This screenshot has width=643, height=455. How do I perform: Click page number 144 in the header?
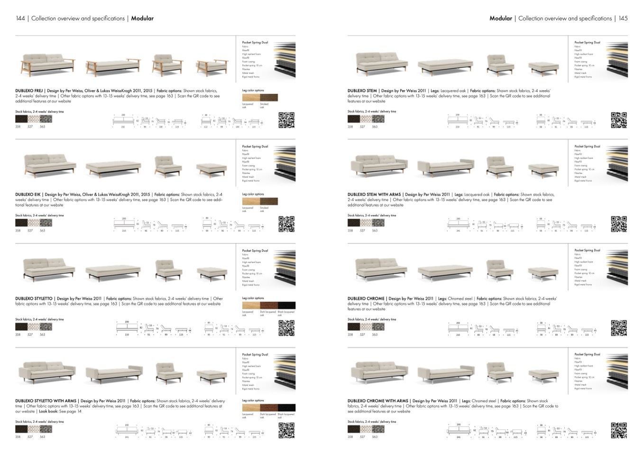pyautogui.click(x=20, y=19)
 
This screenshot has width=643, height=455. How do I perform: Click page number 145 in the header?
pyautogui.click(x=623, y=19)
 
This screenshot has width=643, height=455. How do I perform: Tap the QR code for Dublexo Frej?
pyautogui.click(x=286, y=120)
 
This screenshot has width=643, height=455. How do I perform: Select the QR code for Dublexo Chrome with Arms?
pyautogui.click(x=619, y=430)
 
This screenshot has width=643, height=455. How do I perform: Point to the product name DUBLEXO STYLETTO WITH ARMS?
pyautogui.click(x=46, y=401)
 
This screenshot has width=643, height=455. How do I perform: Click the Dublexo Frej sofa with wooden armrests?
pyautogui.click(x=48, y=65)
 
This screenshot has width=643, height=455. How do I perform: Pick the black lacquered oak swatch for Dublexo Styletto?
pyautogui.click(x=286, y=306)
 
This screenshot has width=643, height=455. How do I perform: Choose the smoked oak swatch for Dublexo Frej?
pyautogui.click(x=268, y=98)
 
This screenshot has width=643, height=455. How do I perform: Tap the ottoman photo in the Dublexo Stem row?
pyautogui.click(x=543, y=67)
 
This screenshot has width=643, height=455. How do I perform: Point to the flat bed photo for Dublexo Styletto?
pyautogui.click(x=113, y=272)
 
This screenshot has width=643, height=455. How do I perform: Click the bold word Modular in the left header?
pyautogui.click(x=142, y=19)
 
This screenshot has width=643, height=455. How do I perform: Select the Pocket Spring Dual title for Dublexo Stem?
pyautogui.click(x=587, y=43)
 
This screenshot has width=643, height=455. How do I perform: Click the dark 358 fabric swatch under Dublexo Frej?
pyautogui.click(x=21, y=119)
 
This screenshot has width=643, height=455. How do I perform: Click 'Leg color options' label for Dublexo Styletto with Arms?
pyautogui.click(x=253, y=400)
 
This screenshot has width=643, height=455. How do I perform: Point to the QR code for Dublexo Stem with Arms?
pyautogui.click(x=619, y=224)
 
